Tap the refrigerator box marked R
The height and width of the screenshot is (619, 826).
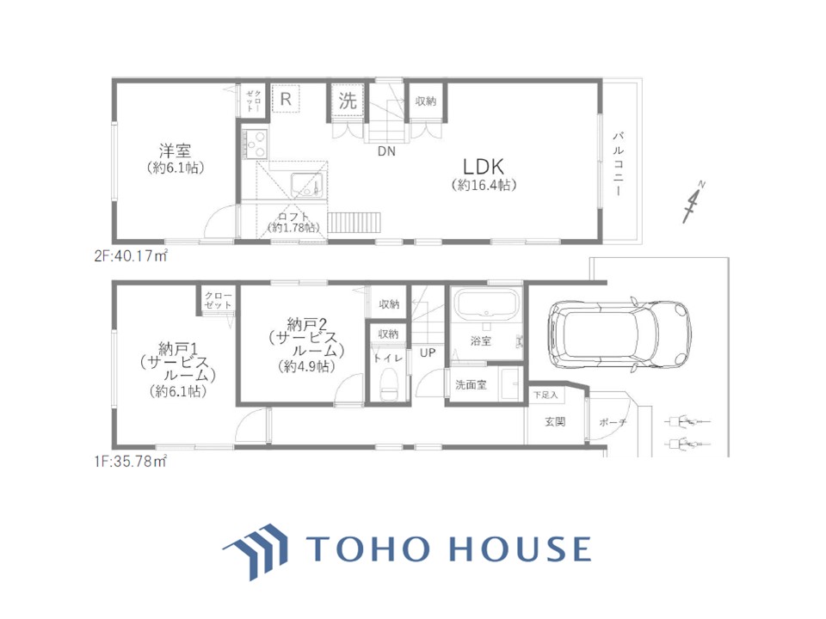pos(286,98)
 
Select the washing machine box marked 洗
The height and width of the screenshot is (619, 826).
pos(348,100)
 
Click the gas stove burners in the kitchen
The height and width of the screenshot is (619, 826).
pos(256,144)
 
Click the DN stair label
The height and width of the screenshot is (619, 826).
pos(386,151)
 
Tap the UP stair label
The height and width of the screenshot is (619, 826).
pos(428,352)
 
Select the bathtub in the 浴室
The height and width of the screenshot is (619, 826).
pos(487,303)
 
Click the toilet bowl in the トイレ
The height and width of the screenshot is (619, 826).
pos(388,385)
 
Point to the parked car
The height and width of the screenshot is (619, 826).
pos(619,334)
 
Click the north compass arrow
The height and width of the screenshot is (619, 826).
pos(693,201)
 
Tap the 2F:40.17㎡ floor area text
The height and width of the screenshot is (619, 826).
pos(131,256)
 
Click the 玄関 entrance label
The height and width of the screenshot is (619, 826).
pos(555,421)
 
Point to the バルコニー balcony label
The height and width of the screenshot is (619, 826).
pos(618,164)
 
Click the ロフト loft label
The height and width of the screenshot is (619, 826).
pos(293,217)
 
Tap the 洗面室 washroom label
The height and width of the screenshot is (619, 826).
pos(471,385)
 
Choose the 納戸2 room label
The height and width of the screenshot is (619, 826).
pos(306,324)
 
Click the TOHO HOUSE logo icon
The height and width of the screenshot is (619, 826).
pos(256,551)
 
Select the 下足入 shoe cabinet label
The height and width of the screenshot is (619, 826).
pos(546,395)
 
